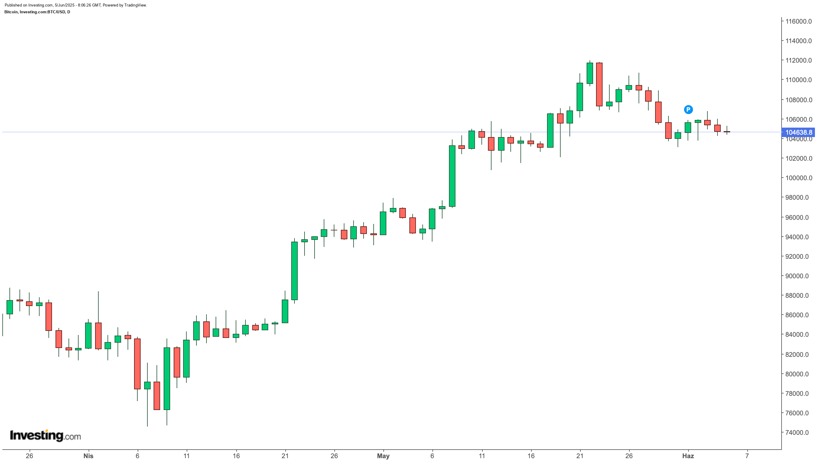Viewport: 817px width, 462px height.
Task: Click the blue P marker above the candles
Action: click(688, 110)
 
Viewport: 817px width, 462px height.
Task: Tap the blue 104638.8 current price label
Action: click(799, 132)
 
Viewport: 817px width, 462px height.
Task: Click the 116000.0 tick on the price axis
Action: click(798, 21)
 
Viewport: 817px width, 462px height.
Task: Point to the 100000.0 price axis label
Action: click(798, 178)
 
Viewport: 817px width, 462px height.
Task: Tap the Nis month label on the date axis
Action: click(88, 456)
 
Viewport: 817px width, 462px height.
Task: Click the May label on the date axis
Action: click(383, 456)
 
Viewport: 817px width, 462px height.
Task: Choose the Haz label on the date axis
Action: click(688, 456)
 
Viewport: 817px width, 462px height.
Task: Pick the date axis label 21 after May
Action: click(580, 456)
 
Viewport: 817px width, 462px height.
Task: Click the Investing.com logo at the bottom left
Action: click(45, 435)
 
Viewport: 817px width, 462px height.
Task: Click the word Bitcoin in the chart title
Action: click(11, 12)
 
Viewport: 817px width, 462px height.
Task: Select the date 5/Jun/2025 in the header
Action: click(64, 5)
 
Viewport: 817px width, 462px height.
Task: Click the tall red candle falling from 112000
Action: click(599, 84)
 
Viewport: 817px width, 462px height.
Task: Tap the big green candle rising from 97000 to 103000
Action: click(452, 176)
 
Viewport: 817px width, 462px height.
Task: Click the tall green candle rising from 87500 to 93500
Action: click(294, 271)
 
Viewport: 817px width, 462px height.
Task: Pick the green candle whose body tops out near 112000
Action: click(590, 73)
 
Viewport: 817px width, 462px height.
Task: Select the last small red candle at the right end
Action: click(727, 131)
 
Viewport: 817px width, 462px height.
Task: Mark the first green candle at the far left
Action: click(9, 307)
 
